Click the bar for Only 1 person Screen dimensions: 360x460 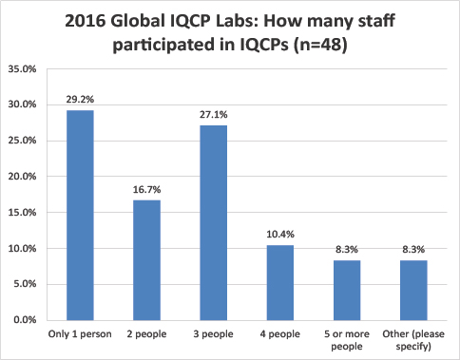(x=80, y=216)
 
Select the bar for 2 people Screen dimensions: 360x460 (x=145, y=260)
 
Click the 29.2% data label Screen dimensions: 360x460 (x=80, y=101)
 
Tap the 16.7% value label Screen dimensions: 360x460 (x=145, y=190)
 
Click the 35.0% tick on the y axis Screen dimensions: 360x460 (x=22, y=68)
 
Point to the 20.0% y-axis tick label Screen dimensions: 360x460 (x=22, y=177)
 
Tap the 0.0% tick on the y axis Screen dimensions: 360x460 (x=25, y=320)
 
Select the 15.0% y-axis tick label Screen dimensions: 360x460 (x=22, y=213)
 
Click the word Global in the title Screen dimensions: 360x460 (x=142, y=21)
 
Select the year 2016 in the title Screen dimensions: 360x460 (x=87, y=21)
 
